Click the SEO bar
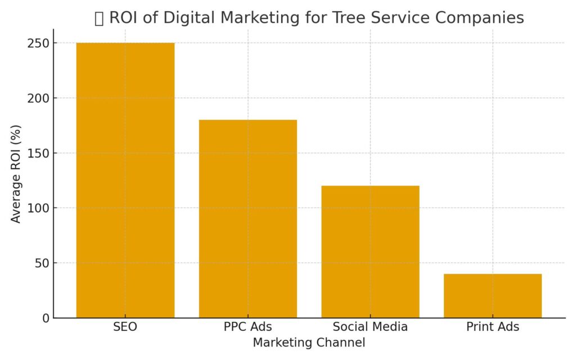125,180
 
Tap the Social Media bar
370,251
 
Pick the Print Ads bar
493,295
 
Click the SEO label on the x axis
125,327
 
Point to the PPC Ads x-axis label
248,327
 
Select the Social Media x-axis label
370,327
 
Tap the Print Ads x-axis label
493,327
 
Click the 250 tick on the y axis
38,43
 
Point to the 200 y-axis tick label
38,98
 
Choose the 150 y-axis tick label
38,153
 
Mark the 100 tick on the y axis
38,208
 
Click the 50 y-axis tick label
41,263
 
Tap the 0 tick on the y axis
45,318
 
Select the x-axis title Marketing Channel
309,343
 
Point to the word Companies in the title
480,18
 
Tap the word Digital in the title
183,18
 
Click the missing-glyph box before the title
99,19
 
